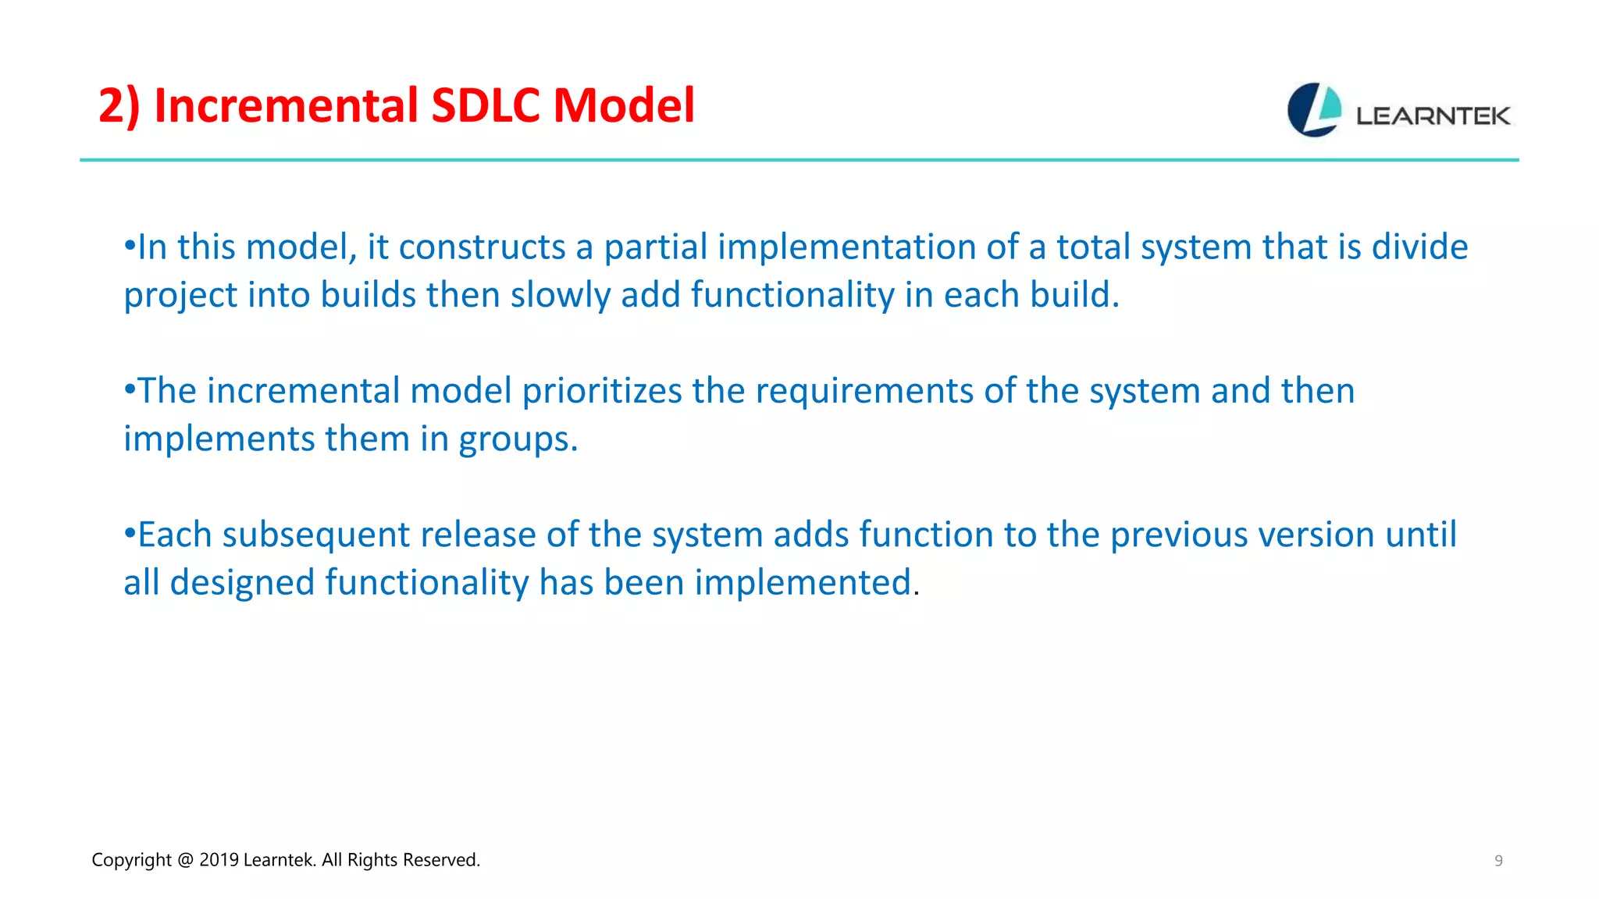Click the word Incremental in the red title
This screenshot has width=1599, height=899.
pyautogui.click(x=286, y=105)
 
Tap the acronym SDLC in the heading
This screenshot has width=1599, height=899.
pyautogui.click(x=485, y=105)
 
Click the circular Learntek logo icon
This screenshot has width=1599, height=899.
pyautogui.click(x=1314, y=110)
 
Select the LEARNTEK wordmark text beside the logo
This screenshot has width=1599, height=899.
pyautogui.click(x=1433, y=116)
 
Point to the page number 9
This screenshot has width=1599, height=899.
pyautogui.click(x=1498, y=861)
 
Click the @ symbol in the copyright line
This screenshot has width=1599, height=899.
pyautogui.click(x=185, y=860)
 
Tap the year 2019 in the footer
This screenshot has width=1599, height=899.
pyautogui.click(x=219, y=860)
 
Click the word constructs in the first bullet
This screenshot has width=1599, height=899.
pyautogui.click(x=482, y=247)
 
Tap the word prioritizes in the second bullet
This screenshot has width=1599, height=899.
pyautogui.click(x=602, y=391)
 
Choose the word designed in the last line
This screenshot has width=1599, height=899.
pyautogui.click(x=242, y=583)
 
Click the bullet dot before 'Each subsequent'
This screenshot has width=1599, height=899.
pyautogui.click(x=130, y=533)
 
